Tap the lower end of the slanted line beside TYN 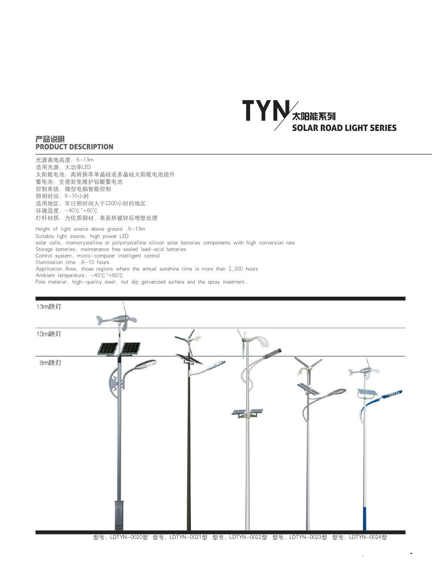pyautogui.click(x=275, y=130)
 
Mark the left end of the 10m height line pyautogui.click(x=36, y=328)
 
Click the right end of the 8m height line pyautogui.click(x=405, y=356)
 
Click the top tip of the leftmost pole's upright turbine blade pyautogui.click(x=123, y=302)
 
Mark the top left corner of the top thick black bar pyautogui.click(x=36, y=297)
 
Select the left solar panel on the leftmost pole pyautogui.click(x=107, y=349)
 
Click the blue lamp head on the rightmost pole pyautogui.click(x=392, y=394)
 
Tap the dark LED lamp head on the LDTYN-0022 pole pyautogui.click(x=272, y=353)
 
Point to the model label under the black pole pyautogui.click(x=180, y=537)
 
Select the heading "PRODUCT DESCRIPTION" pyautogui.click(x=74, y=147)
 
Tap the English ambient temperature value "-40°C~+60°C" pyautogui.click(x=107, y=275)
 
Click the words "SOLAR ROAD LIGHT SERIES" pyautogui.click(x=344, y=128)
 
